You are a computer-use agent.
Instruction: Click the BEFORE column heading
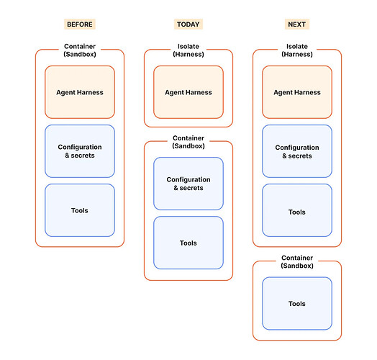point(80,24)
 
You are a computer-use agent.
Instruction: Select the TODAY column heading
point(188,24)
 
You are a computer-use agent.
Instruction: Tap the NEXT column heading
point(297,24)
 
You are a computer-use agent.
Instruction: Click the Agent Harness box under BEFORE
point(80,92)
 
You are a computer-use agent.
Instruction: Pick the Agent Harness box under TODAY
point(188,92)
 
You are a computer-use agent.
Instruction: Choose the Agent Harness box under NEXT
point(297,92)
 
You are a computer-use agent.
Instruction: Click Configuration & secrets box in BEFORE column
point(80,151)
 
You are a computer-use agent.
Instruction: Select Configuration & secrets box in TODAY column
point(188,184)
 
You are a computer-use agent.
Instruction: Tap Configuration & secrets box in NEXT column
point(297,151)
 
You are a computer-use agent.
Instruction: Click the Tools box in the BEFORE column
point(80,210)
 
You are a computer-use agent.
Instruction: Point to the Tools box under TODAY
point(188,243)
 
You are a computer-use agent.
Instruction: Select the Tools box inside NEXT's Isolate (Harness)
point(297,210)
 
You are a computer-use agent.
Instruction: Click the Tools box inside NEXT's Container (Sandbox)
point(297,303)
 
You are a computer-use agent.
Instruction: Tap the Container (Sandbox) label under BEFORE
point(80,50)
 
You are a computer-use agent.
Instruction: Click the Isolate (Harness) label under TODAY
point(188,50)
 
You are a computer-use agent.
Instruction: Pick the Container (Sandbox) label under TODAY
point(188,142)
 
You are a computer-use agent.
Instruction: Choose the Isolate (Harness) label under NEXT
point(297,50)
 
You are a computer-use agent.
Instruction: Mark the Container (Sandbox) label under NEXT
point(297,262)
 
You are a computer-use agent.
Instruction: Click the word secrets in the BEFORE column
point(83,156)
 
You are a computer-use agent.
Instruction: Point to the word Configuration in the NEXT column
point(297,148)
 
